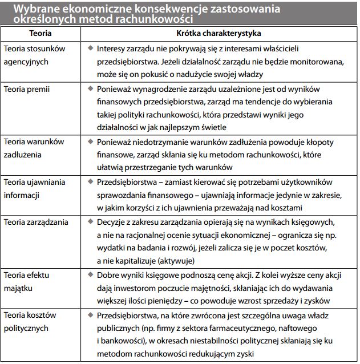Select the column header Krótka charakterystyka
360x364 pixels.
219,34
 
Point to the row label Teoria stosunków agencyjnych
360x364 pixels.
34,54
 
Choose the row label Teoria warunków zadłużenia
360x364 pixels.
34,147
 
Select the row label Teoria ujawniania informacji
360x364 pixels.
35,188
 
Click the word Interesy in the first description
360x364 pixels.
113,48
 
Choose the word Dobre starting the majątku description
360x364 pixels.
110,276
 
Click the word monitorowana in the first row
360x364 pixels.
326,61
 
